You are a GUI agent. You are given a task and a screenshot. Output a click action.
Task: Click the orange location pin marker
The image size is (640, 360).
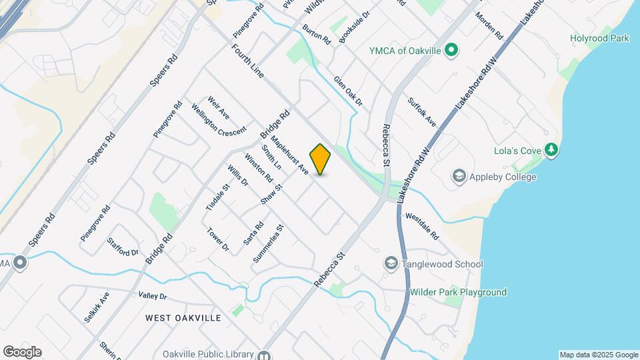(x=321, y=159)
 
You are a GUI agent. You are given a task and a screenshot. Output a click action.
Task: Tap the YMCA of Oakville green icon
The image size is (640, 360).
(x=451, y=50)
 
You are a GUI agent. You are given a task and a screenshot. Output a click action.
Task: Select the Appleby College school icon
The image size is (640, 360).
(x=459, y=177)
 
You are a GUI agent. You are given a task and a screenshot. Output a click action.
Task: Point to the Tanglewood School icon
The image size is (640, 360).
(x=391, y=264)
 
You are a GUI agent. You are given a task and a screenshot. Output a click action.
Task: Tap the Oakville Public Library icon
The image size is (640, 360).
(x=265, y=355)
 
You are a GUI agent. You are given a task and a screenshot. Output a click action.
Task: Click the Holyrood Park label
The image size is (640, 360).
(x=599, y=39)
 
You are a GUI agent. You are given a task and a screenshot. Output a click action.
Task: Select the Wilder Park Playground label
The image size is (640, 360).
(x=458, y=292)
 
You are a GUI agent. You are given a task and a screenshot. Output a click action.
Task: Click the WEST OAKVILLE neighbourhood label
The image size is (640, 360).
(x=183, y=318)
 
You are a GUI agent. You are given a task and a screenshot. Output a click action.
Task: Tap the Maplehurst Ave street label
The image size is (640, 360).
(x=293, y=155)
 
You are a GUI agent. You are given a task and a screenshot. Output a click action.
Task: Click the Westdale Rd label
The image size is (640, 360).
(x=422, y=226)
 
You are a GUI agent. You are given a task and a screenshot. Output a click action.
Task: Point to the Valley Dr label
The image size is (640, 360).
(x=153, y=295)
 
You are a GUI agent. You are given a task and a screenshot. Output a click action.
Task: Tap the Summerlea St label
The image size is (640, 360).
(x=269, y=243)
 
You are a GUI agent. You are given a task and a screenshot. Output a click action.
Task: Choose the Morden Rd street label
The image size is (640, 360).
(x=489, y=25)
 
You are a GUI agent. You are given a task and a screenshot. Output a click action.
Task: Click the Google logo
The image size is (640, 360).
(x=22, y=352)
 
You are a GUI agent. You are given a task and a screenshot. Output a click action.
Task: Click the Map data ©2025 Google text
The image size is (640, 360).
(x=598, y=355)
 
